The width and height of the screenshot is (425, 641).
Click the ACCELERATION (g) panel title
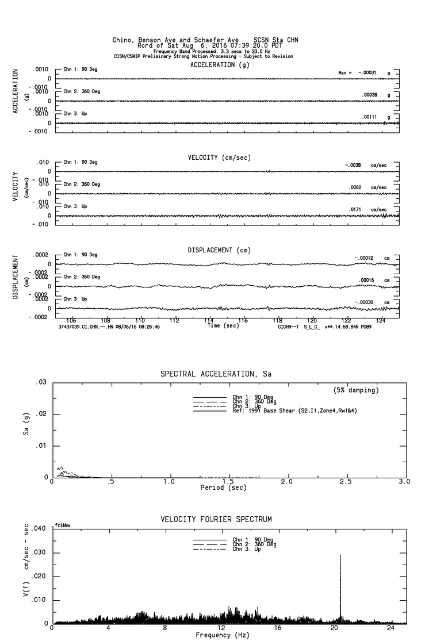221,65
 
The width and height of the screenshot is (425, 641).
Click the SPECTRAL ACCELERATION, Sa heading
216,374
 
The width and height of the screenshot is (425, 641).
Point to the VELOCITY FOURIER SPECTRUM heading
216,519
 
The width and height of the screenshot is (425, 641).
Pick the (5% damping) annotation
356,390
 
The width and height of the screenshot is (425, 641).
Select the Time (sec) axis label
224,326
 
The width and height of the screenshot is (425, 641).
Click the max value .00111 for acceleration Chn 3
369,117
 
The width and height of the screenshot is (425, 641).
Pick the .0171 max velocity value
357,209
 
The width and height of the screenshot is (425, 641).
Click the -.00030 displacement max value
364,302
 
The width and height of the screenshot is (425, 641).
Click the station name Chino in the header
125,40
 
